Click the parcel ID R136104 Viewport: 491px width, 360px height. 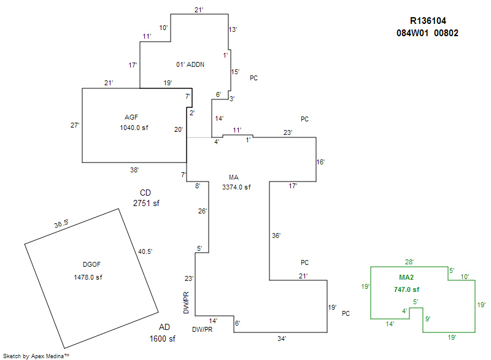(x=428, y=21)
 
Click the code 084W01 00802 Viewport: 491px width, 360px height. (x=427, y=33)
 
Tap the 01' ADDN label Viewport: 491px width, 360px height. (x=190, y=64)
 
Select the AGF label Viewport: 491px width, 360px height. (x=131, y=117)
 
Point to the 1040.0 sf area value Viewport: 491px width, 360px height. (x=134, y=128)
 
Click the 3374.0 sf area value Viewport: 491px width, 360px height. (x=236, y=187)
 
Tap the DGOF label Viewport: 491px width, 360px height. (x=91, y=264)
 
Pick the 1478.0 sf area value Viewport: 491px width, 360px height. (x=88, y=277)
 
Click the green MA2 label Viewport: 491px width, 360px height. (x=406, y=277)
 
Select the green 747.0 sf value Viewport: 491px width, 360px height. (x=406, y=289)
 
